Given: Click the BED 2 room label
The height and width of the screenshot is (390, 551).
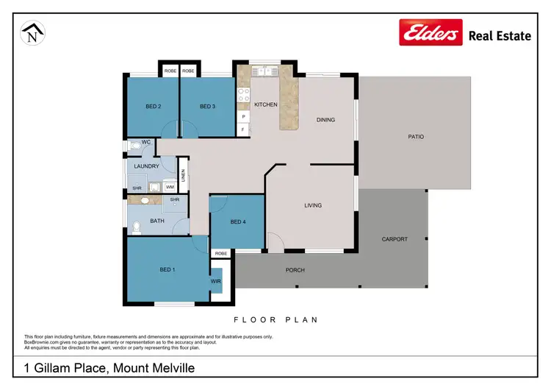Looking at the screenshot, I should (153, 107).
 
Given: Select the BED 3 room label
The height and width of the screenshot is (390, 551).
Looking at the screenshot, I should (207, 107).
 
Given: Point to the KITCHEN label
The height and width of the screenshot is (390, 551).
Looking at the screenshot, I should (265, 104).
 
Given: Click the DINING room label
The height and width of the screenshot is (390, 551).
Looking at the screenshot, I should (325, 119).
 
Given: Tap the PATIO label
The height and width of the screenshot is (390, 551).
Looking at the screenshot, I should (416, 137).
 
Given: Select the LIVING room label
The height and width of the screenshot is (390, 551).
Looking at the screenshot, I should (313, 205).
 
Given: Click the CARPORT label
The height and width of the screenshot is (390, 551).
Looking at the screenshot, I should (395, 239).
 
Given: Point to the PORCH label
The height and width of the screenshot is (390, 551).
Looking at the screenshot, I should (295, 270).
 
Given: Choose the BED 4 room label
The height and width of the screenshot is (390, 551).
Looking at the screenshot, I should (237, 222).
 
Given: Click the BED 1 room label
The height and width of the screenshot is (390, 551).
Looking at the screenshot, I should (168, 270).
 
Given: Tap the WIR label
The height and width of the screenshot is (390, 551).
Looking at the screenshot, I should (215, 281).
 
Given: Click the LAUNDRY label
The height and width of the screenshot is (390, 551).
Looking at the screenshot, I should (147, 166).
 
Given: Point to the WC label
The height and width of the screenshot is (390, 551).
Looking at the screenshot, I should (146, 141).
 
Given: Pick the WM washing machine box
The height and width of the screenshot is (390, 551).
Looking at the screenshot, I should (169, 187).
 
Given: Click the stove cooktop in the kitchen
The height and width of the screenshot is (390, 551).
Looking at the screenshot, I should (243, 95).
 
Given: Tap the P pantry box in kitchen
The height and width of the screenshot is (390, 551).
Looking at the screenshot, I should (242, 116).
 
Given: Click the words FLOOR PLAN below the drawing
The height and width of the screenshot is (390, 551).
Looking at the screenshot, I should (275, 320).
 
